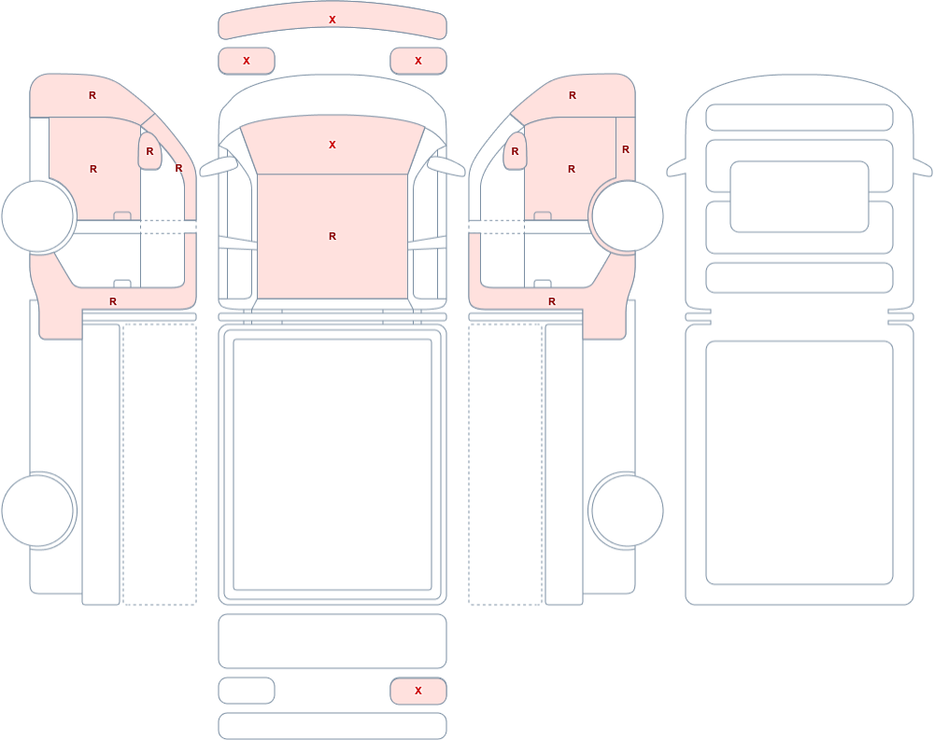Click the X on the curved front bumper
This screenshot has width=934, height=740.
pos(333,20)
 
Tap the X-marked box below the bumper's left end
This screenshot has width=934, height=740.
pos(247,61)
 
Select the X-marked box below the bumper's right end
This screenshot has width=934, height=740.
pos(418,61)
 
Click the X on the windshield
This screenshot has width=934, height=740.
pos(333,145)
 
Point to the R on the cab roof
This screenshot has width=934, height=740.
pos(333,236)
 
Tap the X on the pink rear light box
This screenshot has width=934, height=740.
pos(418,691)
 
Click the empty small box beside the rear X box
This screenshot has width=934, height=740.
pos(247,691)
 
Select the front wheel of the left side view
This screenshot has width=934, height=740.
pos(38,216)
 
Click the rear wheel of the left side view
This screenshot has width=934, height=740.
pos(38,510)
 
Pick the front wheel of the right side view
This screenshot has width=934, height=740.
pos(626,216)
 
